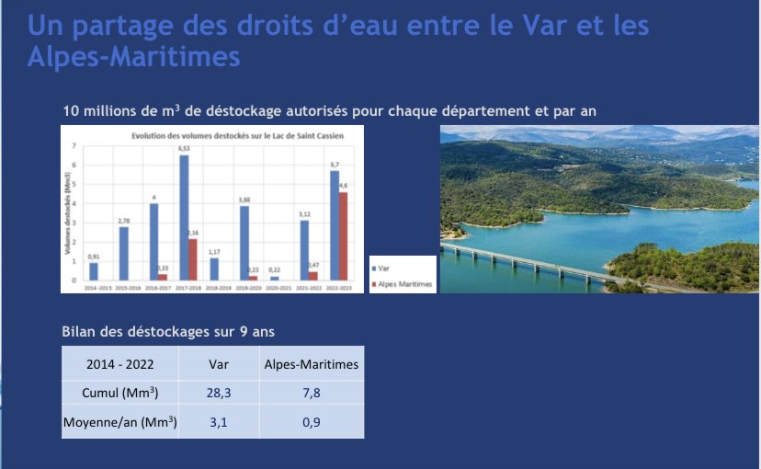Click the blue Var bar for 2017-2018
click(x=184, y=218)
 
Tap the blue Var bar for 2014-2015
click(x=93, y=271)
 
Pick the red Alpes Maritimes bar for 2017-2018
click(x=193, y=259)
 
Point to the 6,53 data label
click(x=184, y=149)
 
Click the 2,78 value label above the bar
click(x=123, y=221)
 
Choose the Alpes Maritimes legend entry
click(x=402, y=282)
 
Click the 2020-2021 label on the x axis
click(x=275, y=287)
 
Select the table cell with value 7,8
click(x=312, y=394)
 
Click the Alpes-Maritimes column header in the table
click(x=312, y=363)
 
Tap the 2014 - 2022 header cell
click(x=119, y=363)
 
